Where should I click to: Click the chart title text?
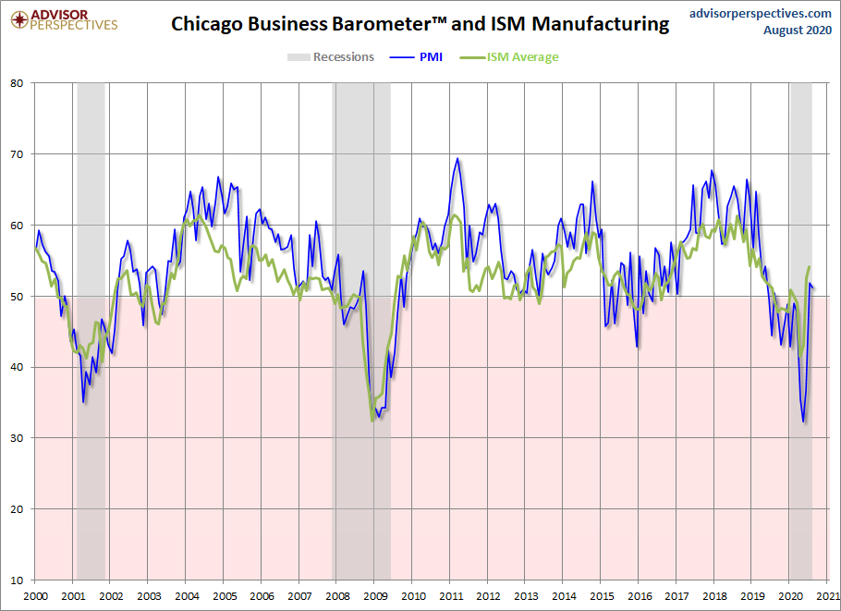pyautogui.click(x=420, y=25)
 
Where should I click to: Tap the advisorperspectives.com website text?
pyautogui.click(x=761, y=13)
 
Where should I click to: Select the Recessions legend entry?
pyautogui.click(x=331, y=57)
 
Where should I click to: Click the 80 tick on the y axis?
pyautogui.click(x=17, y=83)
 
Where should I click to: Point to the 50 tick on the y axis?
pyautogui.click(x=17, y=297)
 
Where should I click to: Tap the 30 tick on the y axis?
pyautogui.click(x=17, y=438)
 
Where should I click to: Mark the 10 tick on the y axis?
pyautogui.click(x=17, y=580)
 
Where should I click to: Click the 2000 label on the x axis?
pyautogui.click(x=35, y=597)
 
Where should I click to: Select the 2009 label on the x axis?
pyautogui.click(x=375, y=597)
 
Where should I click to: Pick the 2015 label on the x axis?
pyautogui.click(x=602, y=597)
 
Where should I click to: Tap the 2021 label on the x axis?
pyautogui.click(x=828, y=597)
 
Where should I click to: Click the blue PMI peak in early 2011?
pyautogui.click(x=457, y=159)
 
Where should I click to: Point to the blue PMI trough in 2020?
pyautogui.click(x=804, y=422)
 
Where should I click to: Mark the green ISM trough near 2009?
pyautogui.click(x=373, y=421)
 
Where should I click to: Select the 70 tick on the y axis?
pyautogui.click(x=17, y=154)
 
